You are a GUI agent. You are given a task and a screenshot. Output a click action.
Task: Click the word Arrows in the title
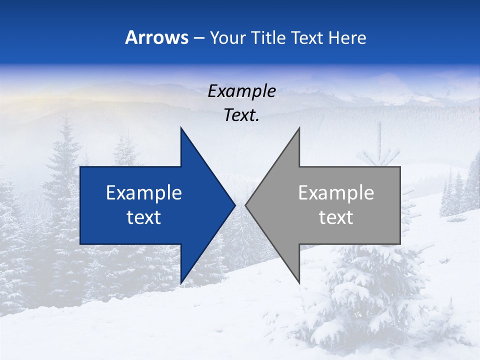click(x=157, y=38)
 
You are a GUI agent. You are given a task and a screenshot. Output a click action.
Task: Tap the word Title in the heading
click(x=268, y=38)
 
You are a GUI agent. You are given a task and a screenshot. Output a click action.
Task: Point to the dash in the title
click(x=198, y=38)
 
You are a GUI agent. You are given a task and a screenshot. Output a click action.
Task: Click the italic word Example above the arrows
click(x=241, y=91)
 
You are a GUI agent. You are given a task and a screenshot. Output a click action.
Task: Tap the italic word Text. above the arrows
click(x=241, y=115)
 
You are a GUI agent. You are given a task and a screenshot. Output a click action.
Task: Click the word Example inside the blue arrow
click(x=144, y=193)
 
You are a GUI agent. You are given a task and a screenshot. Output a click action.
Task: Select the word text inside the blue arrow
click(x=144, y=217)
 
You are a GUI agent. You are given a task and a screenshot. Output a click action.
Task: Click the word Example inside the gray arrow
click(x=336, y=193)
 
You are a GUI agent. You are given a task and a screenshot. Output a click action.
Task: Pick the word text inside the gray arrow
click(x=336, y=217)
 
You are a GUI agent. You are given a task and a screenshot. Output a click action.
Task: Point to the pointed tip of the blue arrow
click(x=234, y=205)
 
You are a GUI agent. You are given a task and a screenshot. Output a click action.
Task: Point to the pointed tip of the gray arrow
click(x=246, y=205)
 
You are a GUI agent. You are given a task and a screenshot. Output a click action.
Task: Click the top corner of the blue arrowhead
click(x=181, y=128)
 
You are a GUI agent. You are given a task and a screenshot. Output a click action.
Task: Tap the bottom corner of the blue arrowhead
click(x=181, y=282)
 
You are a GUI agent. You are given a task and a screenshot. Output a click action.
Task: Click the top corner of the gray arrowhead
click(x=299, y=128)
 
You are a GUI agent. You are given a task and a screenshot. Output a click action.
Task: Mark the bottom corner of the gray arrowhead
click(x=299, y=282)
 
